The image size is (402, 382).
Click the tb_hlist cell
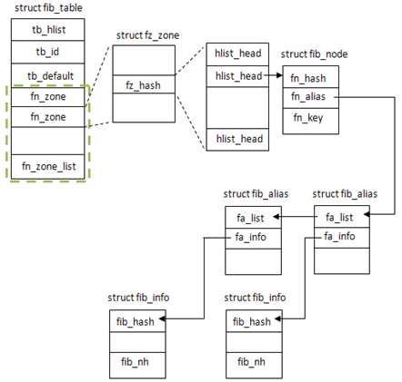point(48,30)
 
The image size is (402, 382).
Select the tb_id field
point(48,52)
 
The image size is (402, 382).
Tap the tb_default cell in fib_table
point(48,75)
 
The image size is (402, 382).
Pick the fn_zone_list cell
point(48,167)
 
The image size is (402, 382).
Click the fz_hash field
point(144,84)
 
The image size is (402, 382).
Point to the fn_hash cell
point(311,77)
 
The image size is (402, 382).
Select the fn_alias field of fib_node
point(311,98)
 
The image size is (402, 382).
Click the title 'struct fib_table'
point(48,7)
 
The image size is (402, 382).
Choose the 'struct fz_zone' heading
point(147,35)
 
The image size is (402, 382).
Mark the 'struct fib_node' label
point(314,54)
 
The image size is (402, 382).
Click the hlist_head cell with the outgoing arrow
point(237,76)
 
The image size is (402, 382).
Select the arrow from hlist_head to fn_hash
point(274,75)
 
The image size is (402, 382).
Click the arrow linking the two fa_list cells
point(296,217)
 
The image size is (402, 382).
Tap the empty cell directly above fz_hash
point(144,60)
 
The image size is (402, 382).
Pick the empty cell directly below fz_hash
point(144,108)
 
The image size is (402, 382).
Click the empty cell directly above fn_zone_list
point(48,141)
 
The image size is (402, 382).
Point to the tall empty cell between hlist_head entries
point(237,108)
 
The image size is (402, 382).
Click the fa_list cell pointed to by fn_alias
point(342,217)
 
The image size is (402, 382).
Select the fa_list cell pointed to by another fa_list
point(253,217)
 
